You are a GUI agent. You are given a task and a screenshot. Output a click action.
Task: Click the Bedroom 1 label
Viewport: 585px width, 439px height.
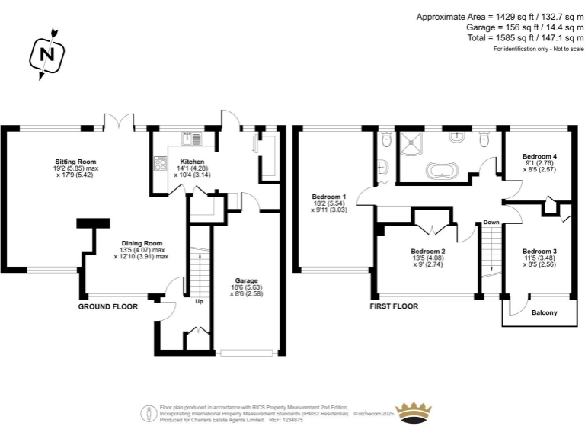click(x=329, y=197)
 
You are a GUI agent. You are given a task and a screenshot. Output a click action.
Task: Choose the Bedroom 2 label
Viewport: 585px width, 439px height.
click(x=427, y=252)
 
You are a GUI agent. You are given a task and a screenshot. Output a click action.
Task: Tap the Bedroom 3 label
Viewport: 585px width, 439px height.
click(x=539, y=252)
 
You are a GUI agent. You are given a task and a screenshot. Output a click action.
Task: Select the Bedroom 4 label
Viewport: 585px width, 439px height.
click(x=541, y=156)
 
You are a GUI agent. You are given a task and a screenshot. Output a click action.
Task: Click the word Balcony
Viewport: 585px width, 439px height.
click(x=544, y=313)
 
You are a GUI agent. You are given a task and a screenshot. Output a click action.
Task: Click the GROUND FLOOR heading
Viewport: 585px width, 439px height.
click(x=108, y=306)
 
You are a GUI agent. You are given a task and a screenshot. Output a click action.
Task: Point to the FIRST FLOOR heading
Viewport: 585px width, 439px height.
click(x=394, y=306)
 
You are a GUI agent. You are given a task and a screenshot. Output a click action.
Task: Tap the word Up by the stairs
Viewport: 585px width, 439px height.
click(x=200, y=301)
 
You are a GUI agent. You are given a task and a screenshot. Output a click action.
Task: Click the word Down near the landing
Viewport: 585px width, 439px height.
click(x=491, y=223)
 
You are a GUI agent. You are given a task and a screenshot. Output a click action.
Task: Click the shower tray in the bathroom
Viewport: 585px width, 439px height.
click(x=416, y=141)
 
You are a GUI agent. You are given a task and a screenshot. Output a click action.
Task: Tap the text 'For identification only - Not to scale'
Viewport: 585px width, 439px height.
click(x=538, y=49)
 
